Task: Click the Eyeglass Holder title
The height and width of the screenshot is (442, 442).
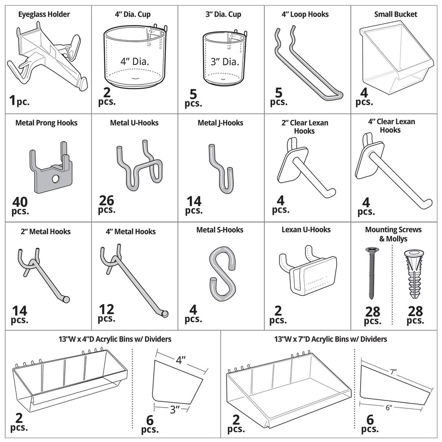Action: (x=44, y=14)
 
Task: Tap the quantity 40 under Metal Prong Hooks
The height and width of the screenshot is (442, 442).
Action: (x=20, y=202)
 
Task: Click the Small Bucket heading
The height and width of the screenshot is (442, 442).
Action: (x=395, y=14)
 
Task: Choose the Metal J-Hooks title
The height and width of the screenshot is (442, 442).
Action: (x=220, y=123)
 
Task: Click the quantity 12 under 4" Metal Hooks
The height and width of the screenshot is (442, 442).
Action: (x=106, y=310)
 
